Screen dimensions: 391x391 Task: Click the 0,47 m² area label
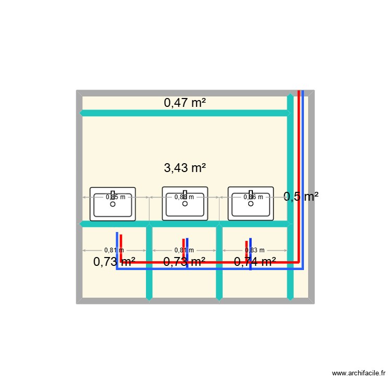click(185, 103)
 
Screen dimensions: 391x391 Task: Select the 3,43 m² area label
click(185, 168)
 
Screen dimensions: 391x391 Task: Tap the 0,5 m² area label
click(301, 197)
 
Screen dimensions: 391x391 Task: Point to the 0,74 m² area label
click(255, 262)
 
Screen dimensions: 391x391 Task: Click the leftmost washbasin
click(113, 203)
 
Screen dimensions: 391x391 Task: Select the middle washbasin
click(185, 203)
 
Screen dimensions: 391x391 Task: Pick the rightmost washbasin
click(251, 203)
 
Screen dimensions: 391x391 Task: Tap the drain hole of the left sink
click(113, 204)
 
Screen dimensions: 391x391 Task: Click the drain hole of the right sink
click(251, 203)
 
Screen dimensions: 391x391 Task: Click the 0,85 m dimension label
click(115, 197)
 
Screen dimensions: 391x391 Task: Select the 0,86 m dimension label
click(253, 197)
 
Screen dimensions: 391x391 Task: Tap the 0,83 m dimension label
click(255, 250)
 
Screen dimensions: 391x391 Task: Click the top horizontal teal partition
click(185, 113)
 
